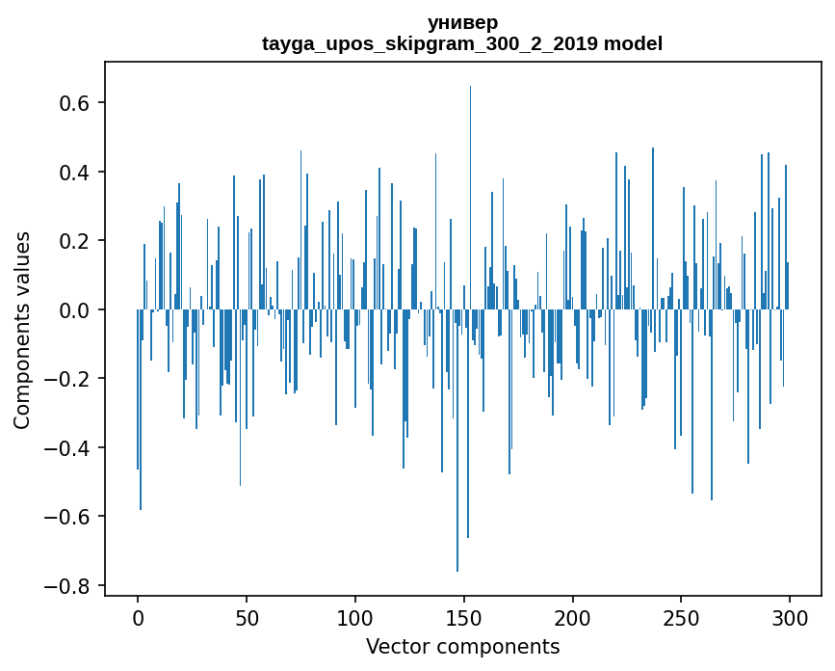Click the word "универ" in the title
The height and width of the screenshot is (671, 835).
pyautogui.click(x=462, y=22)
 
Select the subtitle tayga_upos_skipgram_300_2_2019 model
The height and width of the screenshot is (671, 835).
pyautogui.click(x=462, y=43)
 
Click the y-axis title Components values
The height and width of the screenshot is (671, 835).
pyautogui.click(x=22, y=330)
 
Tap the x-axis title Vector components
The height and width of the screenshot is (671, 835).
pyautogui.click(x=462, y=646)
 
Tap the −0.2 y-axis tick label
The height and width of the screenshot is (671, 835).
pyautogui.click(x=67, y=379)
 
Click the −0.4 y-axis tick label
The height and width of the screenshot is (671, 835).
pyautogui.click(x=67, y=448)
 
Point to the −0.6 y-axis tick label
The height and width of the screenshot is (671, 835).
pyautogui.click(x=67, y=517)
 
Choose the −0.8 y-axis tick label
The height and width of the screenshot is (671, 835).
pyautogui.click(x=67, y=586)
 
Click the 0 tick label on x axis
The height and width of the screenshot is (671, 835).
pyautogui.click(x=138, y=617)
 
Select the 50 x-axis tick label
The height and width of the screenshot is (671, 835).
pyautogui.click(x=247, y=617)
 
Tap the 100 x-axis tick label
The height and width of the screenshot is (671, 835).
pyautogui.click(x=355, y=617)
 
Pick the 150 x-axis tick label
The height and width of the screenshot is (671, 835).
pyautogui.click(x=464, y=617)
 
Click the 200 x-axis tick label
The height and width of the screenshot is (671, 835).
pyautogui.click(x=573, y=617)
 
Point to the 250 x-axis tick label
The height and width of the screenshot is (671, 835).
pyautogui.click(x=682, y=617)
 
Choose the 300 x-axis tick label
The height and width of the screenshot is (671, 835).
pyautogui.click(x=790, y=617)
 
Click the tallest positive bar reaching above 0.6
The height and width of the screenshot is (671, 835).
pyautogui.click(x=470, y=193)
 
